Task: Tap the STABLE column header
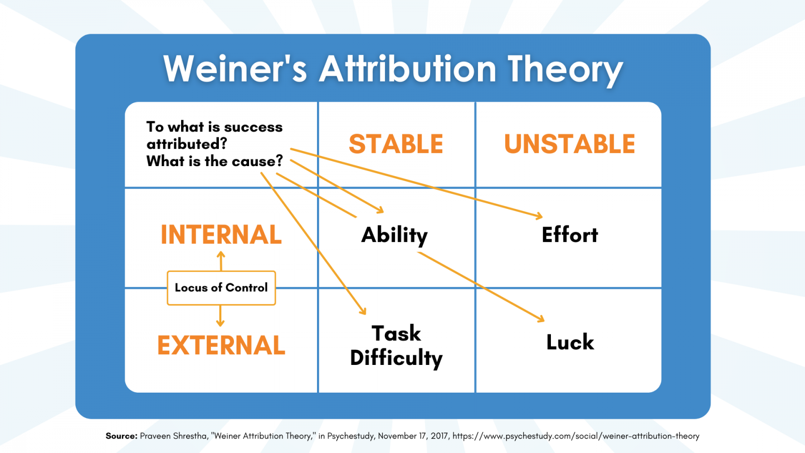point(396,144)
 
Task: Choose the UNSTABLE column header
point(570,144)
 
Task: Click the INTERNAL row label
point(221,235)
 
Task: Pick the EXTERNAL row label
point(221,345)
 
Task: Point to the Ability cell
point(394,236)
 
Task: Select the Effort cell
point(570,235)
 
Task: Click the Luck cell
point(570,342)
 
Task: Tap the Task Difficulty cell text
point(396,346)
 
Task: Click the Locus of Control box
point(221,288)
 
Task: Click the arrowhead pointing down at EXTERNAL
point(220,323)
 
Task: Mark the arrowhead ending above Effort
point(539,216)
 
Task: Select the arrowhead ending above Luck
point(541,319)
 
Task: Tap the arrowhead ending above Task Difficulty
point(363,311)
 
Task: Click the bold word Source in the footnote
point(121,436)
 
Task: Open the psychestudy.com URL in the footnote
point(576,436)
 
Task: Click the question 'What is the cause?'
point(214,162)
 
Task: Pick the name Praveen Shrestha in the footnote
point(174,436)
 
